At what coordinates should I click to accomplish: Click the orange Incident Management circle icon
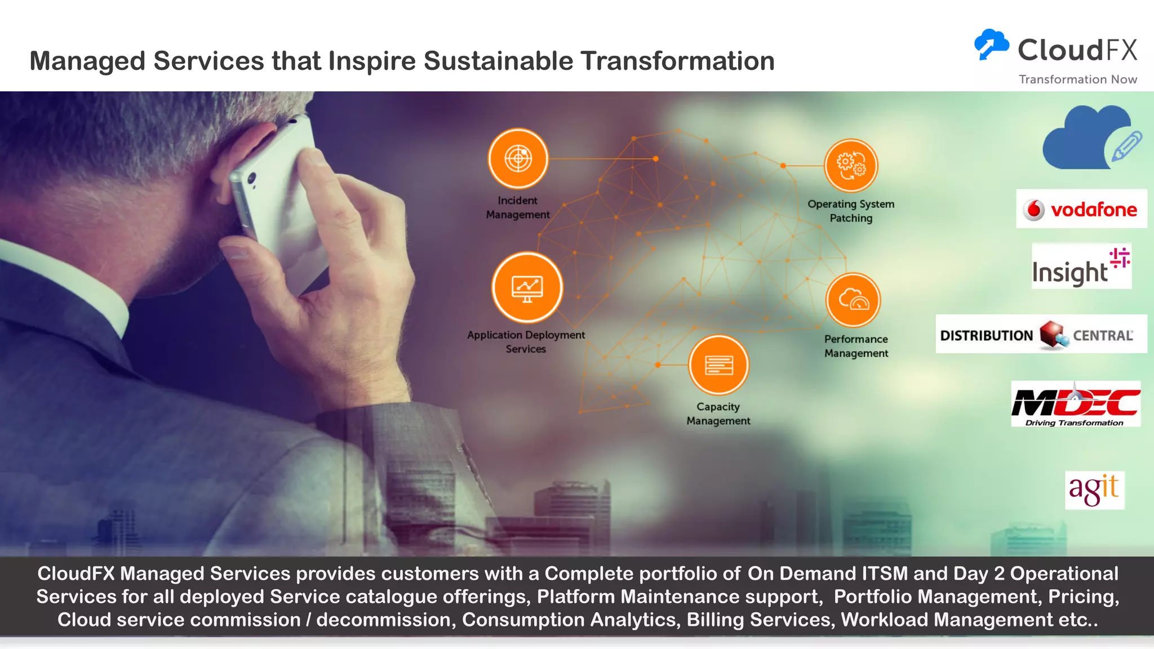pos(518,158)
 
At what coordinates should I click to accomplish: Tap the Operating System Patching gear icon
pos(851,166)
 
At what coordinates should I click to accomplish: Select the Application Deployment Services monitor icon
pos(527,287)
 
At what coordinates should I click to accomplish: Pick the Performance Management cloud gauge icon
pos(853,300)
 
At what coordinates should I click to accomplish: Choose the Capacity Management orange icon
pos(718,365)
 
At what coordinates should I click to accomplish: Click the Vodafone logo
pos(1081,209)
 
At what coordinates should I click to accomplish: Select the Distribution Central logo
pos(1041,335)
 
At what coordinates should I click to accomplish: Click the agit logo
pos(1094,490)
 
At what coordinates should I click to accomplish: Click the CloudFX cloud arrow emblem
pos(991,45)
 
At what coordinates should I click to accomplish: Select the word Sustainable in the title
pos(498,61)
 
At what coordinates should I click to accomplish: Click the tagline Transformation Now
pos(1077,79)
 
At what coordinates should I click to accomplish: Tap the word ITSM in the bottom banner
pos(884,574)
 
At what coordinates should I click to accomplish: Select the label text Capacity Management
pos(718,414)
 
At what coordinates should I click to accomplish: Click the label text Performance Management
pos(855,346)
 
